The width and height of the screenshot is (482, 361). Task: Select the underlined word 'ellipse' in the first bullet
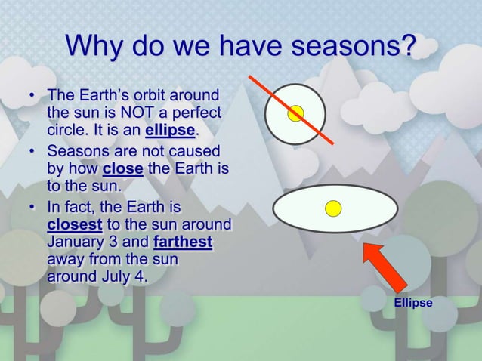click(x=170, y=130)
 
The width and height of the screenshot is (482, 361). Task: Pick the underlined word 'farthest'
click(x=183, y=242)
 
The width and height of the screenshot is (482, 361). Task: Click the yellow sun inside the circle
click(x=296, y=113)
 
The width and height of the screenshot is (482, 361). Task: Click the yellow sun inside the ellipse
click(x=333, y=208)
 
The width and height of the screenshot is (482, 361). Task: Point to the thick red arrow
click(x=385, y=266)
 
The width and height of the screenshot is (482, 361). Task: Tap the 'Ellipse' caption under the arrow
click(x=413, y=303)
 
